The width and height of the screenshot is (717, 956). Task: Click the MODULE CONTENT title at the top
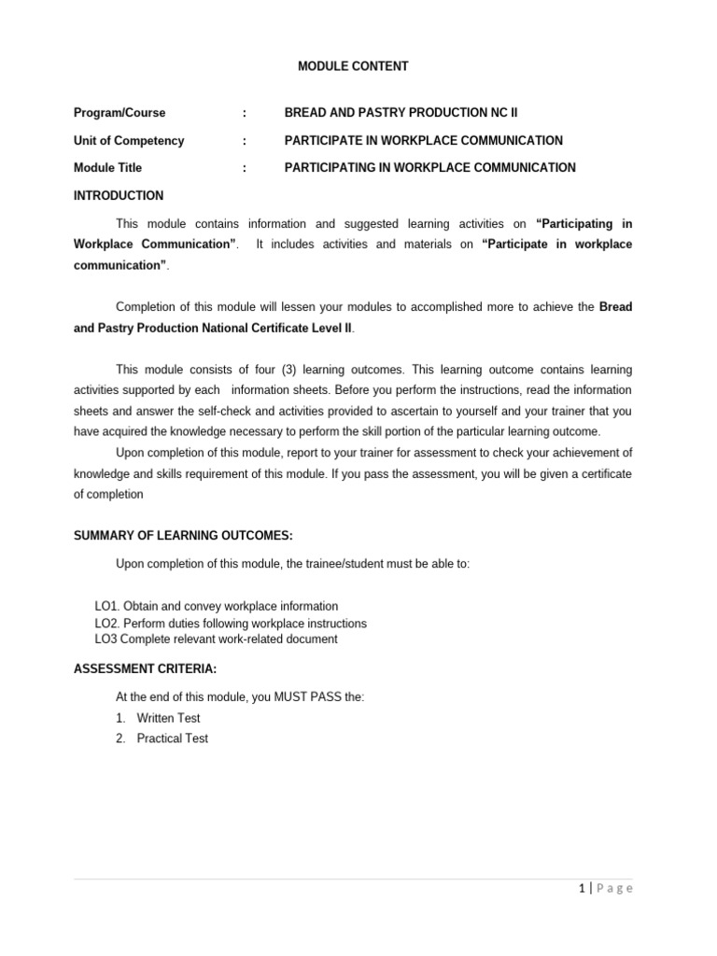(x=353, y=66)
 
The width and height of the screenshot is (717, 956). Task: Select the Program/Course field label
(x=119, y=113)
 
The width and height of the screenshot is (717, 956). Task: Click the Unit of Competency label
(x=129, y=141)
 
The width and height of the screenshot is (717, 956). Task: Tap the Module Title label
(x=108, y=168)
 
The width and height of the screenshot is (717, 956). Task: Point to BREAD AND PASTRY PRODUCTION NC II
(x=401, y=113)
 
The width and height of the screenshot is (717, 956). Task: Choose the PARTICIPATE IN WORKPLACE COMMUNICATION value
(x=423, y=141)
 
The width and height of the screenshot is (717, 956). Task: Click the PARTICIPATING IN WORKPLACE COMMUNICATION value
(x=429, y=168)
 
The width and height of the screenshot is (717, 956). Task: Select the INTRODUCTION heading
(x=119, y=196)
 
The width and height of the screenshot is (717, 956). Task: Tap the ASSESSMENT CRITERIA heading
(x=146, y=669)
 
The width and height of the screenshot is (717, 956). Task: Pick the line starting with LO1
(x=217, y=607)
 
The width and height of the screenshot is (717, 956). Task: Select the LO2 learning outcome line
(x=231, y=624)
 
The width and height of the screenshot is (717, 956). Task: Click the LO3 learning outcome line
(x=216, y=640)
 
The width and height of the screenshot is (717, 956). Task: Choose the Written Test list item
(x=168, y=718)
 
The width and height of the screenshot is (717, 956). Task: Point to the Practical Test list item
(x=172, y=738)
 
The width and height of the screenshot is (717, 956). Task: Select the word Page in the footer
(x=613, y=889)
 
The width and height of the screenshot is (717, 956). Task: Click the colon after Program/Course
(x=245, y=113)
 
